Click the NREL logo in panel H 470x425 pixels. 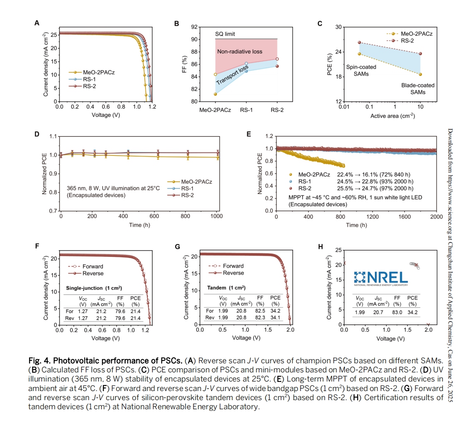click(x=381, y=278)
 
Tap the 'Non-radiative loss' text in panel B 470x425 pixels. click(x=240, y=52)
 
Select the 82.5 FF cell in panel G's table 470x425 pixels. click(x=260, y=311)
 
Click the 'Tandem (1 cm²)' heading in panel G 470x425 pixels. click(x=226, y=287)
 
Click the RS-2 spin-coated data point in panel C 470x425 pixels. click(x=359, y=43)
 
